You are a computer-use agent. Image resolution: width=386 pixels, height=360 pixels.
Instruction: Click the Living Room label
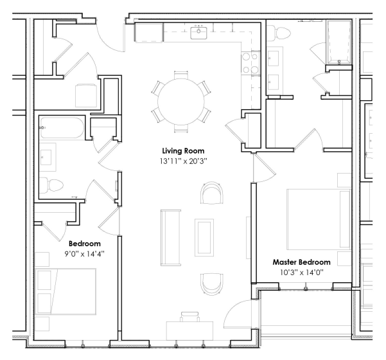point(183,151)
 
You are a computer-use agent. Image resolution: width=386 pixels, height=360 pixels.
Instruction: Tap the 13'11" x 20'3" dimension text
point(184,161)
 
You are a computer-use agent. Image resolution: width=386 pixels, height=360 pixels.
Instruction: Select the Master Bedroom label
point(302,262)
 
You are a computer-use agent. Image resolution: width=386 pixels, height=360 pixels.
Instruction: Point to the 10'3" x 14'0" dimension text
point(302,273)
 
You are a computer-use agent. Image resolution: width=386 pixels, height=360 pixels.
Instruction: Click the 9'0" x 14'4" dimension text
point(84,254)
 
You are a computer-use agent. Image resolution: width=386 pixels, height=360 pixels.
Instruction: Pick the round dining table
point(181,102)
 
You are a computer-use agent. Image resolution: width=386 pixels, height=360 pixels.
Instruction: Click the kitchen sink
point(198,33)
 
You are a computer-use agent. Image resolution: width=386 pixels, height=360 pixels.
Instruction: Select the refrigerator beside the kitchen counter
point(148,32)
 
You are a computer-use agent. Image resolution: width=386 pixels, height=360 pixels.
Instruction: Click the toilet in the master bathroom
point(279,33)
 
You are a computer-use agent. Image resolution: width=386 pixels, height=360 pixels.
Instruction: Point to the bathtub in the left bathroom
point(62,128)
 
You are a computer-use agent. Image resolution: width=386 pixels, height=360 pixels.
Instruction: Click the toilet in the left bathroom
point(51,185)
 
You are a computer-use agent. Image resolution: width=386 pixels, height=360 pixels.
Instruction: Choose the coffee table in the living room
point(204,238)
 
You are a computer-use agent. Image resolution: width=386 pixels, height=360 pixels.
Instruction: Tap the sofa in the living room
point(171,238)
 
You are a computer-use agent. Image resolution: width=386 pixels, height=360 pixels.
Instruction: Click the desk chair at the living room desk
point(189,317)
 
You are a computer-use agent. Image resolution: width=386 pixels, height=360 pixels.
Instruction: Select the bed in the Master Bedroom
point(319,219)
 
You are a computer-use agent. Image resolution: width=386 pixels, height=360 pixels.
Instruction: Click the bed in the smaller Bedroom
point(66,292)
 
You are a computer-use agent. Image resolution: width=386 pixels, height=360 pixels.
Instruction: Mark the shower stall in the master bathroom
point(338,42)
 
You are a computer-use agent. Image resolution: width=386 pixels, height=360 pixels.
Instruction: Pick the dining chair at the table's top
point(181,75)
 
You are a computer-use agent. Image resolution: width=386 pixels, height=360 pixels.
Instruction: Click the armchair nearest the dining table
point(212,193)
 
